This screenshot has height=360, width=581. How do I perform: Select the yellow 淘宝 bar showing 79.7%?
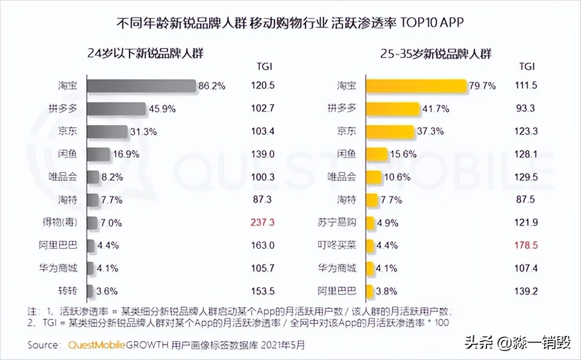pyautogui.click(x=416, y=86)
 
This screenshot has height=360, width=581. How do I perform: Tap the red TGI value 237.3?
pyautogui.click(x=263, y=222)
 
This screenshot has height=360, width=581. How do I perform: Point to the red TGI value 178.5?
pyautogui.click(x=527, y=245)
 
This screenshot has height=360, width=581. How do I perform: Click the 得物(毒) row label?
pyautogui.click(x=60, y=222)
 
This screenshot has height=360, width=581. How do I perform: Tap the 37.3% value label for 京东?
pyautogui.click(x=431, y=131)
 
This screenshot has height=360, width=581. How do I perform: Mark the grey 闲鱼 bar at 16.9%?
pyautogui.click(x=98, y=154)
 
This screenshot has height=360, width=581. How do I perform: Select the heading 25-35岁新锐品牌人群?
pyautogui.click(x=435, y=53)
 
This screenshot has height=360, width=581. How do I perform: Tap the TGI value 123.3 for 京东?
pyautogui.click(x=527, y=131)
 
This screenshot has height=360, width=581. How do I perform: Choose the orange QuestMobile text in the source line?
pyautogui.click(x=96, y=345)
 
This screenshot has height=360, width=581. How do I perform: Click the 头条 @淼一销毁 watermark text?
pyautogui.click(x=518, y=344)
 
